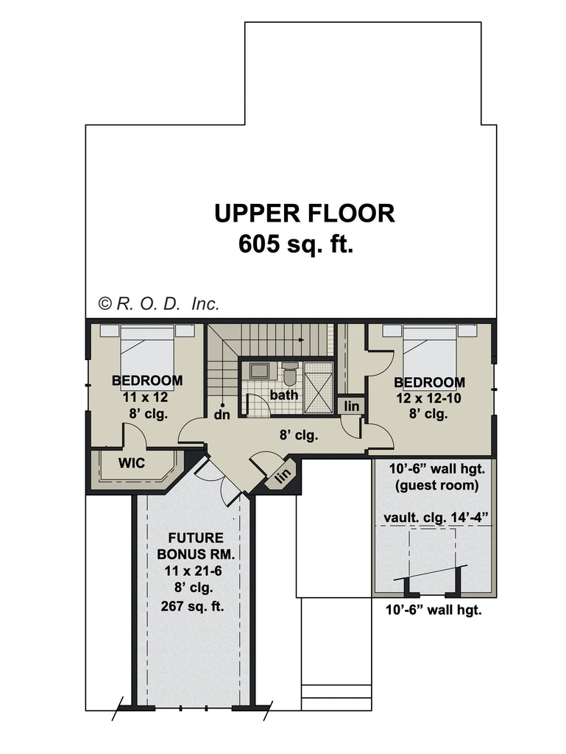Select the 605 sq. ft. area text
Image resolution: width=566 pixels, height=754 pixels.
click(296, 244)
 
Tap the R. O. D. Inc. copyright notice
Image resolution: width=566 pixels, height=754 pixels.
click(159, 303)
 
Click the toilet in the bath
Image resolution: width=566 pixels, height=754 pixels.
click(290, 375)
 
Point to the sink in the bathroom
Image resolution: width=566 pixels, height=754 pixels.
click(258, 370)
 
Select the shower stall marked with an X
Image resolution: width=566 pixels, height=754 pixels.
click(318, 383)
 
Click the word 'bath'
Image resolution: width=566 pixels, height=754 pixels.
click(283, 395)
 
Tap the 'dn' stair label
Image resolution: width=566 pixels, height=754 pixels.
click(222, 415)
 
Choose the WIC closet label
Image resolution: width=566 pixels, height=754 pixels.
click(132, 463)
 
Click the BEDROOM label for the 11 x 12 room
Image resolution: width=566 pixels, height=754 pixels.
click(147, 381)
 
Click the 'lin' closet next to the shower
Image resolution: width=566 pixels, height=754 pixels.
click(352, 406)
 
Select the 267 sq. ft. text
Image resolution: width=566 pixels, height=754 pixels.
click(193, 607)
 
